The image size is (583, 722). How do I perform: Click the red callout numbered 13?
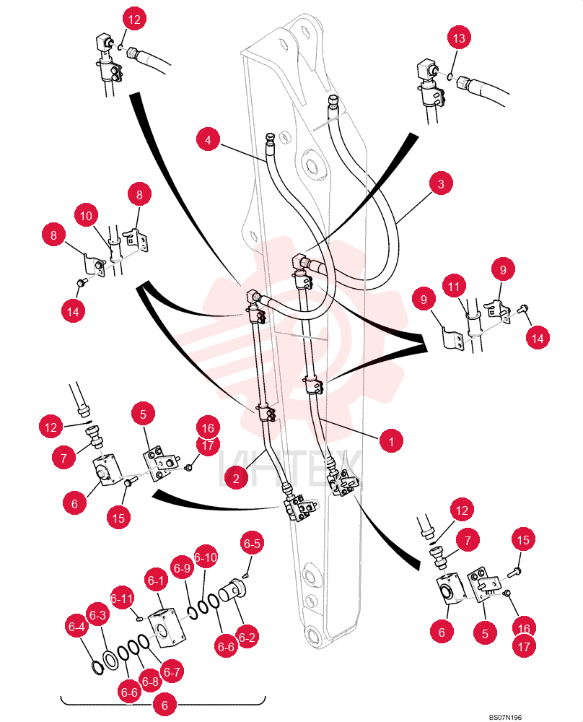459,38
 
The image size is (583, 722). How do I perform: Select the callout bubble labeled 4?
208,139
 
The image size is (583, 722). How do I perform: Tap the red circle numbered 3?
441,183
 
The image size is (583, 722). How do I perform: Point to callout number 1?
391,441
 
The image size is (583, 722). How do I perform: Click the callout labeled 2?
236,478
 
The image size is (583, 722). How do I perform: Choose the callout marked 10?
86,215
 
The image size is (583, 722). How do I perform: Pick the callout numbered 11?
454,287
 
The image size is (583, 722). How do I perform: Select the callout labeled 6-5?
252,544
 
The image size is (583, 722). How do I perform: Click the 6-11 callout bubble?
122,598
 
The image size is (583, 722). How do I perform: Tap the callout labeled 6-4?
76,626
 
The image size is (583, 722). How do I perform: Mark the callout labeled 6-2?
247,637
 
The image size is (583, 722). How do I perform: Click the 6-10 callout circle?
206,557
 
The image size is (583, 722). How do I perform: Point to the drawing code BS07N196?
505,717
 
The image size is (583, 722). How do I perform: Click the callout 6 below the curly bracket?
165,705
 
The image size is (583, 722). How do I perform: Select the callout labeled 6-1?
156,580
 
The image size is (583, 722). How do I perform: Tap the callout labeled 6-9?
182,568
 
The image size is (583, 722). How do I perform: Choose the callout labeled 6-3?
97,614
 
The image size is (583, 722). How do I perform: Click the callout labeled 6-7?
172,671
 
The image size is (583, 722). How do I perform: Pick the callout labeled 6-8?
150,682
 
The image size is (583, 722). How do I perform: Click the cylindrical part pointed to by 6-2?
232,591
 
